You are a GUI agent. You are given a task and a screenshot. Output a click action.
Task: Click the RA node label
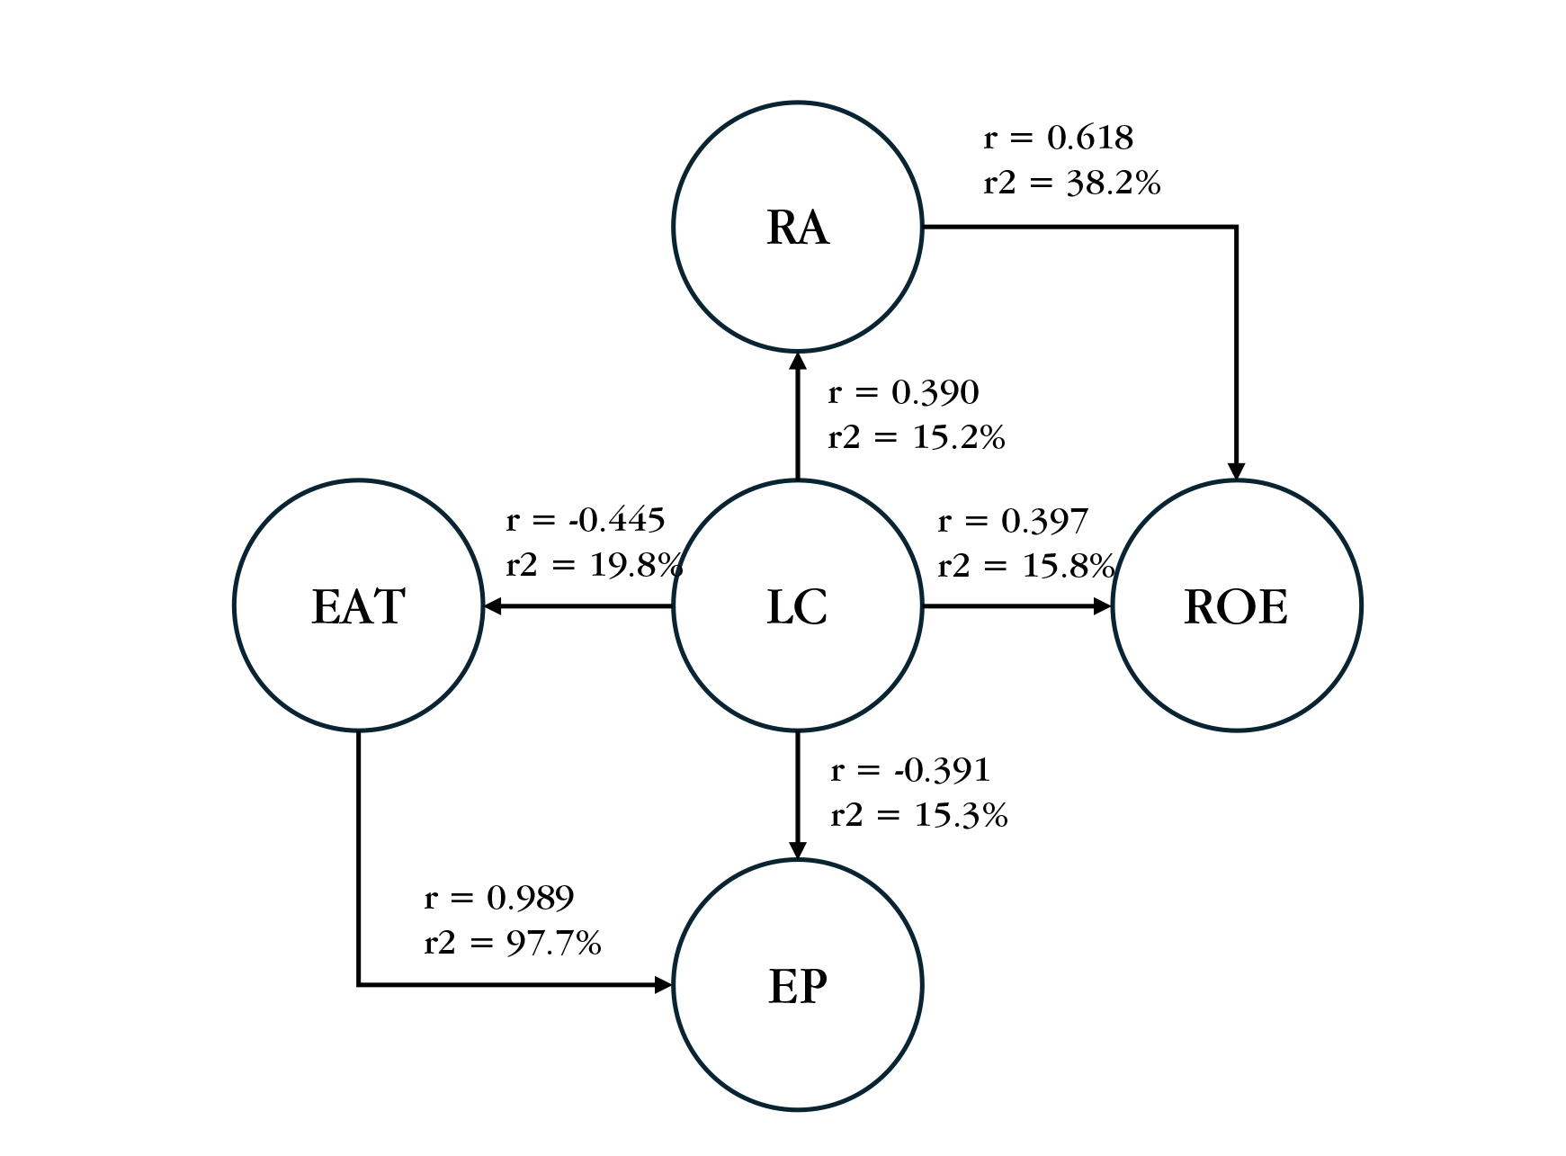pyautogui.click(x=797, y=228)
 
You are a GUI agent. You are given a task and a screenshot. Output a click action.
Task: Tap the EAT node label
pyautogui.click(x=358, y=606)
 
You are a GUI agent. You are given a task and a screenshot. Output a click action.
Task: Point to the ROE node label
pyautogui.click(x=1236, y=606)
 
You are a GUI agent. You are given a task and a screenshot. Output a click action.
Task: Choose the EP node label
pyautogui.click(x=797, y=986)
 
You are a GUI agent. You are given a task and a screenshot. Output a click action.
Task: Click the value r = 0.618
pyautogui.click(x=1059, y=139)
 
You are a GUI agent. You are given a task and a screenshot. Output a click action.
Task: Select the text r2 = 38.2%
pyautogui.click(x=1071, y=184)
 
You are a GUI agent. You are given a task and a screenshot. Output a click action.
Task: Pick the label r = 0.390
pyautogui.click(x=903, y=393)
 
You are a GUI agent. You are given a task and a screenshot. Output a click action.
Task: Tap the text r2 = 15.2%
pyautogui.click(x=916, y=438)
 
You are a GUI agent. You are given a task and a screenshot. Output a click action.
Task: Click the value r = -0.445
pyautogui.click(x=586, y=520)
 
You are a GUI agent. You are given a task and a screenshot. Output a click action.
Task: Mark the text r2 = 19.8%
pyautogui.click(x=595, y=566)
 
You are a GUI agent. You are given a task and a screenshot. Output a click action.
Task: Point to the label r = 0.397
pyautogui.click(x=1013, y=521)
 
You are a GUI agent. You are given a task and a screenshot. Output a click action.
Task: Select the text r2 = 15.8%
pyautogui.click(x=1025, y=566)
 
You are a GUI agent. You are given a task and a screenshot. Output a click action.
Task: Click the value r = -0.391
pyautogui.click(x=910, y=771)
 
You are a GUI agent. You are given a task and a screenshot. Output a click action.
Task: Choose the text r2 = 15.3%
pyautogui.click(x=918, y=816)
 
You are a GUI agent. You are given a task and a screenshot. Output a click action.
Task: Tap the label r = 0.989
pyautogui.click(x=498, y=898)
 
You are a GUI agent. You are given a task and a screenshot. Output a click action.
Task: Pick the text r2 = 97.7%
pyautogui.click(x=512, y=943)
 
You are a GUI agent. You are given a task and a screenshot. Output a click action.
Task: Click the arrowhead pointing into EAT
pyautogui.click(x=492, y=606)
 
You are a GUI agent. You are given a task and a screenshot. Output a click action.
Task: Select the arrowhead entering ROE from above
pyautogui.click(x=1236, y=471)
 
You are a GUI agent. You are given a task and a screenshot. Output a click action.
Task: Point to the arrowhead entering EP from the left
pyautogui.click(x=664, y=985)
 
